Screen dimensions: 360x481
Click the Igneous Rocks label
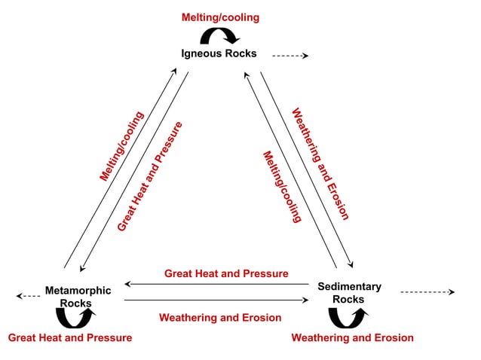pos(219,53)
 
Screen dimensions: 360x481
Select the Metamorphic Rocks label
pos(78,297)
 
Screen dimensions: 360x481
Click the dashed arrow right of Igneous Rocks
pos(290,55)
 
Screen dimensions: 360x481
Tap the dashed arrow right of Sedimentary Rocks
pos(427,291)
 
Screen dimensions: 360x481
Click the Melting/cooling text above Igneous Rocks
pos(220,17)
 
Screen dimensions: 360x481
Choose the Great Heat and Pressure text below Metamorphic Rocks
pos(70,337)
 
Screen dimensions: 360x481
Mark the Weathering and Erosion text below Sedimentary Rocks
pos(352,337)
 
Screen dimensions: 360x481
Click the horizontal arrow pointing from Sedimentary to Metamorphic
pos(216,285)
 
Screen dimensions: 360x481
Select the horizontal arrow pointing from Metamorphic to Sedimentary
pos(216,301)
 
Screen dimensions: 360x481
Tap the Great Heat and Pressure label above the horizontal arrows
pos(226,273)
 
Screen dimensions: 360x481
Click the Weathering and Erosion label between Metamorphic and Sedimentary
pos(220,318)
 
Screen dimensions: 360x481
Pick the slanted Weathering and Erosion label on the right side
pos(320,163)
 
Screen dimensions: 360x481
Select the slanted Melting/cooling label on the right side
pos(281,187)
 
